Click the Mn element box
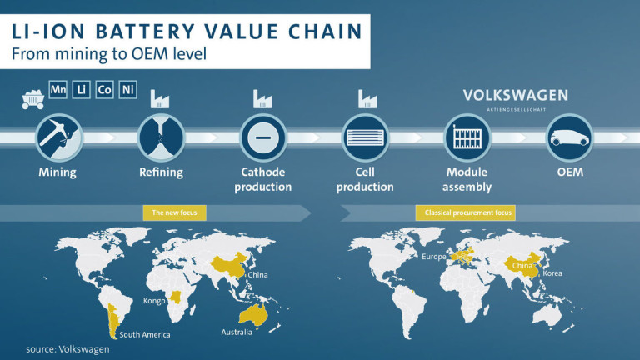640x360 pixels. coord(58,89)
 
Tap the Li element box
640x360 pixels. coord(81,89)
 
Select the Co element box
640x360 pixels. coord(104,89)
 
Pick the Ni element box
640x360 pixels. coord(127,89)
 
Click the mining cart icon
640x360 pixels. coord(32,100)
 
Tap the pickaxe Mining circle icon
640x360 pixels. coord(59,137)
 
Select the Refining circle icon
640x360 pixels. coord(161,137)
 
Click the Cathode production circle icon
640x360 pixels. coord(263,137)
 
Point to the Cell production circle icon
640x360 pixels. coord(365,137)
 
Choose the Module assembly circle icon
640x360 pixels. coord(467,137)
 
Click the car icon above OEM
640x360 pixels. coord(569,137)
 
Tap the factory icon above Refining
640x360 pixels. coord(160,99)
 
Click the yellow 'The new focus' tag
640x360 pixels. coord(175,212)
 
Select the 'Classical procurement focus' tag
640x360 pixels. coord(466,212)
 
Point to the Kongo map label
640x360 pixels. coord(154,301)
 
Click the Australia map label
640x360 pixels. coord(237,332)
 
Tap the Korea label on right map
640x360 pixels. coord(552,273)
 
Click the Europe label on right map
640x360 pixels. coord(434,257)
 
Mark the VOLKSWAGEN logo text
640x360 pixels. coord(516,96)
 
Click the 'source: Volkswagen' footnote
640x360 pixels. coord(67,349)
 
